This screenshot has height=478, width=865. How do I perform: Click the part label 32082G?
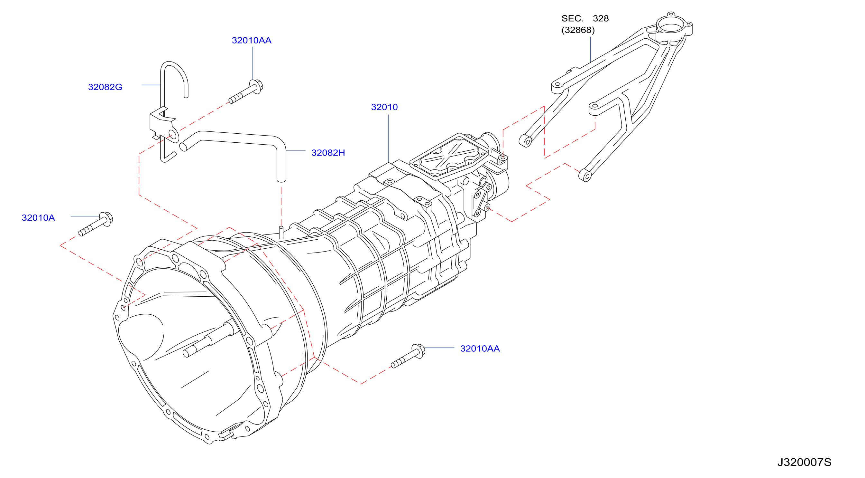105,87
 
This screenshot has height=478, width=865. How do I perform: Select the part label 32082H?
328,153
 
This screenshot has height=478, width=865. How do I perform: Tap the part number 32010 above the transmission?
384,107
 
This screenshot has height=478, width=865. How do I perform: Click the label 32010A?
38,218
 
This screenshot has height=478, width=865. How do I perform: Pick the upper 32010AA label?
252,40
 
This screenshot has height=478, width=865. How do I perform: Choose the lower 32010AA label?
480,349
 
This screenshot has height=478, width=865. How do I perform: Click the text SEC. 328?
585,18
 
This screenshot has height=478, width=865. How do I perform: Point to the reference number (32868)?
578,30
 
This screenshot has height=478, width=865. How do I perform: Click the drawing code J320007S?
804,462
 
